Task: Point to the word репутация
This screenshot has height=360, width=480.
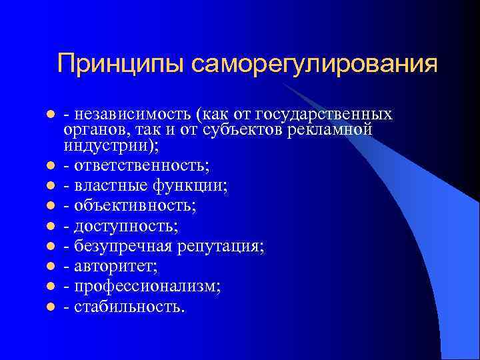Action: pos(220,247)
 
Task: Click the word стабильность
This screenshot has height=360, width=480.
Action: pos(129,307)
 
